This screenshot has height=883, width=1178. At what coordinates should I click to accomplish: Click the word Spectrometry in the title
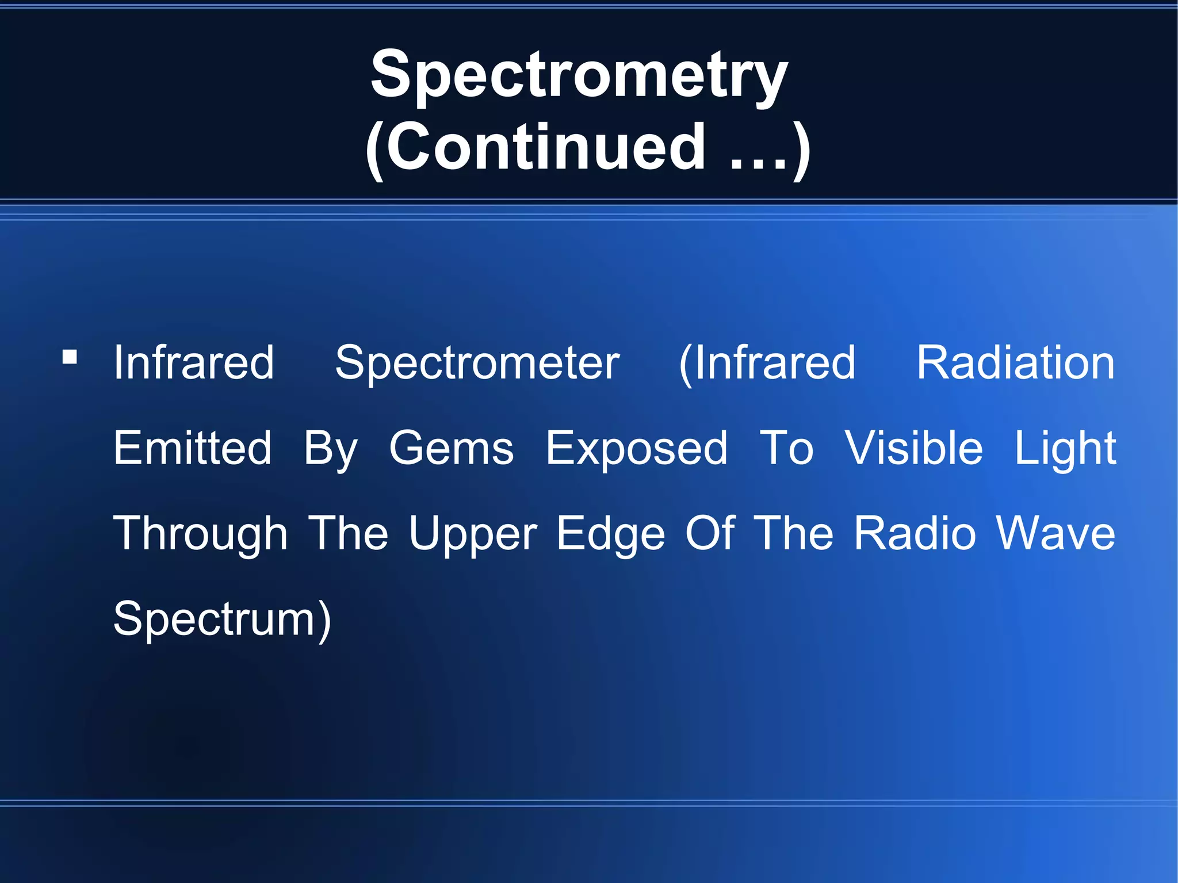coord(579,76)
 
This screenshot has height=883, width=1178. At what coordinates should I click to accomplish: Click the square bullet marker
coord(70,357)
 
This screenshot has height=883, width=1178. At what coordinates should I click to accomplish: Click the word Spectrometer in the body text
coord(477,364)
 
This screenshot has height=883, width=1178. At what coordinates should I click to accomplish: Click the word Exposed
coord(636,449)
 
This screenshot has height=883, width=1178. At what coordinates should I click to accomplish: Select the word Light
coord(1065,449)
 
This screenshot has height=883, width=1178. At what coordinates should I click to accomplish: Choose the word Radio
coord(915,533)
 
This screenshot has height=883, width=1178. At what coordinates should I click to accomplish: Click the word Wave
coord(1055,533)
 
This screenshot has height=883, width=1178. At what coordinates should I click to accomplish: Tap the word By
coord(331,449)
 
